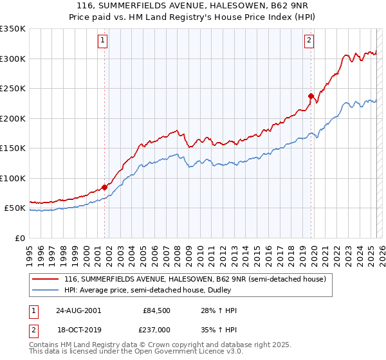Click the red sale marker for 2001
[x=104, y=188]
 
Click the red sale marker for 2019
[x=311, y=96]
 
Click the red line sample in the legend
[x=46, y=280]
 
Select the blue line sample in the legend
[x=46, y=290]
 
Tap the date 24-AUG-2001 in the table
[x=78, y=310]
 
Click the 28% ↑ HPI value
[x=219, y=310]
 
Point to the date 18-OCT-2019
[x=78, y=329]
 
